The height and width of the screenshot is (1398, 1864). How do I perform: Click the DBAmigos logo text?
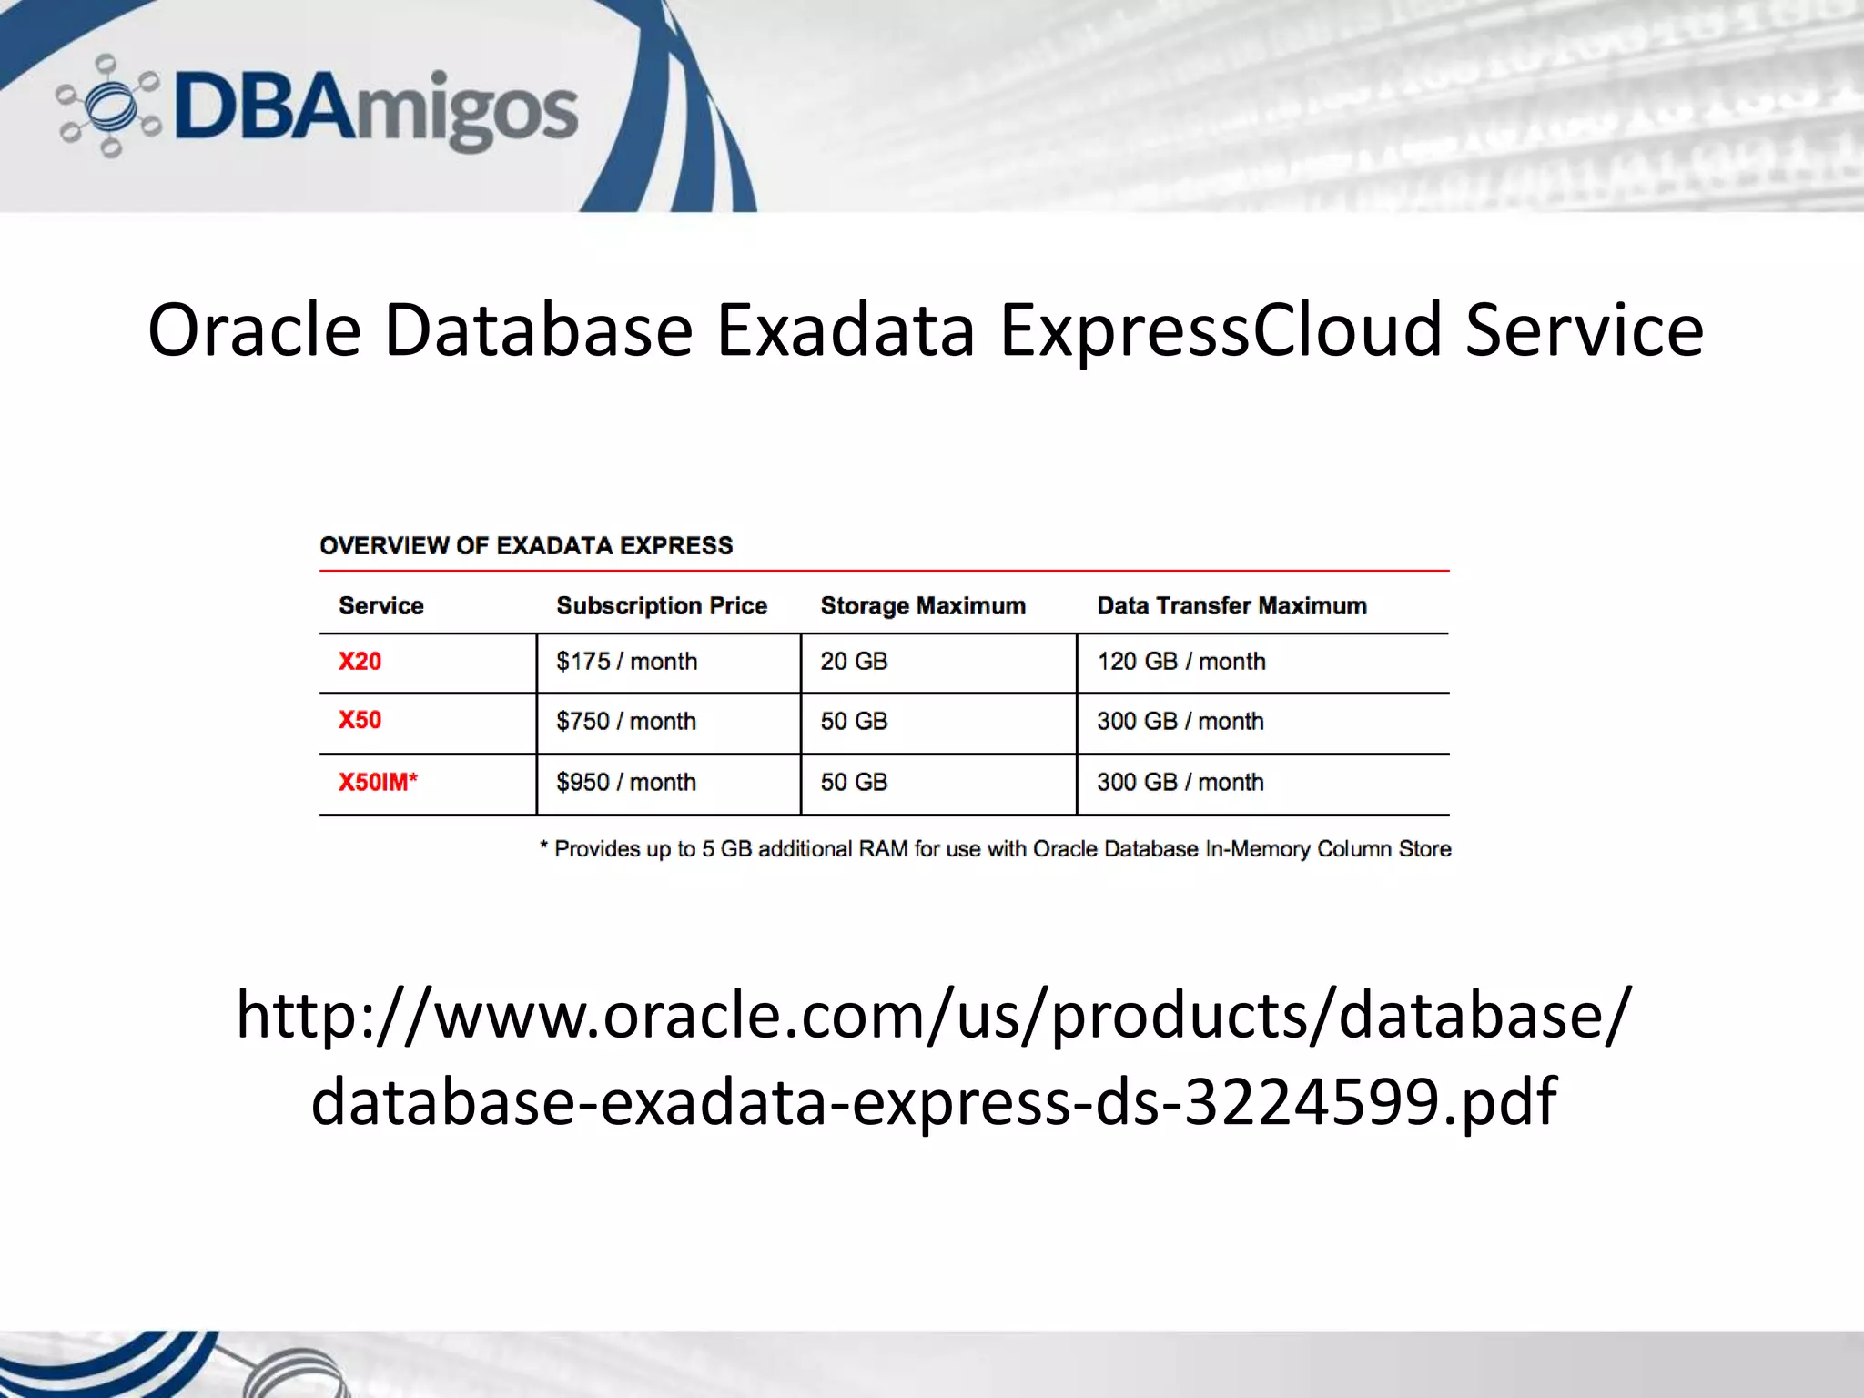(x=375, y=109)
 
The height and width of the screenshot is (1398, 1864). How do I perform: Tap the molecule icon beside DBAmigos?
(x=107, y=106)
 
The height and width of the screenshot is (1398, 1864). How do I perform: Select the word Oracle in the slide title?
(x=254, y=329)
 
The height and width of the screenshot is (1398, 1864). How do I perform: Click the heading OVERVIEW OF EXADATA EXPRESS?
(x=526, y=545)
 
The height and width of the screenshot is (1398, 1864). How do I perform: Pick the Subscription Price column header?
(x=662, y=606)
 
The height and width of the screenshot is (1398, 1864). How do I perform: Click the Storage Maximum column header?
(x=923, y=606)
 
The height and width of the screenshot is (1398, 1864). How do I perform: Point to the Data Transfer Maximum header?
(x=1231, y=606)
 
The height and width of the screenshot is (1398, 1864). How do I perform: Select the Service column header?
(x=380, y=606)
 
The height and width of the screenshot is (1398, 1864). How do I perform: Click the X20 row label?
(x=360, y=662)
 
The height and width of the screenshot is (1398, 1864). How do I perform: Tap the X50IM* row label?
(x=378, y=782)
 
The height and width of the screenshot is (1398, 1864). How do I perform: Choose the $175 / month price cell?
(x=626, y=662)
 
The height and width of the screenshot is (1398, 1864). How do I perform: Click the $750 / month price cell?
(x=626, y=722)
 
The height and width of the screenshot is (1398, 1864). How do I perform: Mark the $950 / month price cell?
(x=626, y=782)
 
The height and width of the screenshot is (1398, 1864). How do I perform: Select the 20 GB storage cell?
(x=853, y=662)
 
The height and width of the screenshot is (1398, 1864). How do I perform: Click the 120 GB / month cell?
(x=1180, y=662)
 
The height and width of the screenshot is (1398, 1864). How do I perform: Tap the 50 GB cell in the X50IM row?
(x=853, y=782)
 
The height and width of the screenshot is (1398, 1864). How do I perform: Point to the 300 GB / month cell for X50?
(x=1180, y=722)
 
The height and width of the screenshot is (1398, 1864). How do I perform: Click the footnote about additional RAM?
(x=996, y=849)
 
